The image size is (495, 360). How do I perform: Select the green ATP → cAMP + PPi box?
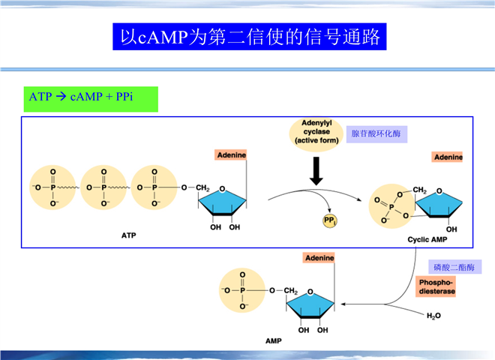coord(91,97)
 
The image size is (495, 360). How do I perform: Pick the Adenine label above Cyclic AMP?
coord(448,157)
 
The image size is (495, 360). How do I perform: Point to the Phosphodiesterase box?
coord(436,286)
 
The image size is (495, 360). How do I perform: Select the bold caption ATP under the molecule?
coord(128,235)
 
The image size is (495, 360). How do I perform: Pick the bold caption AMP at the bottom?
coord(274,340)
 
